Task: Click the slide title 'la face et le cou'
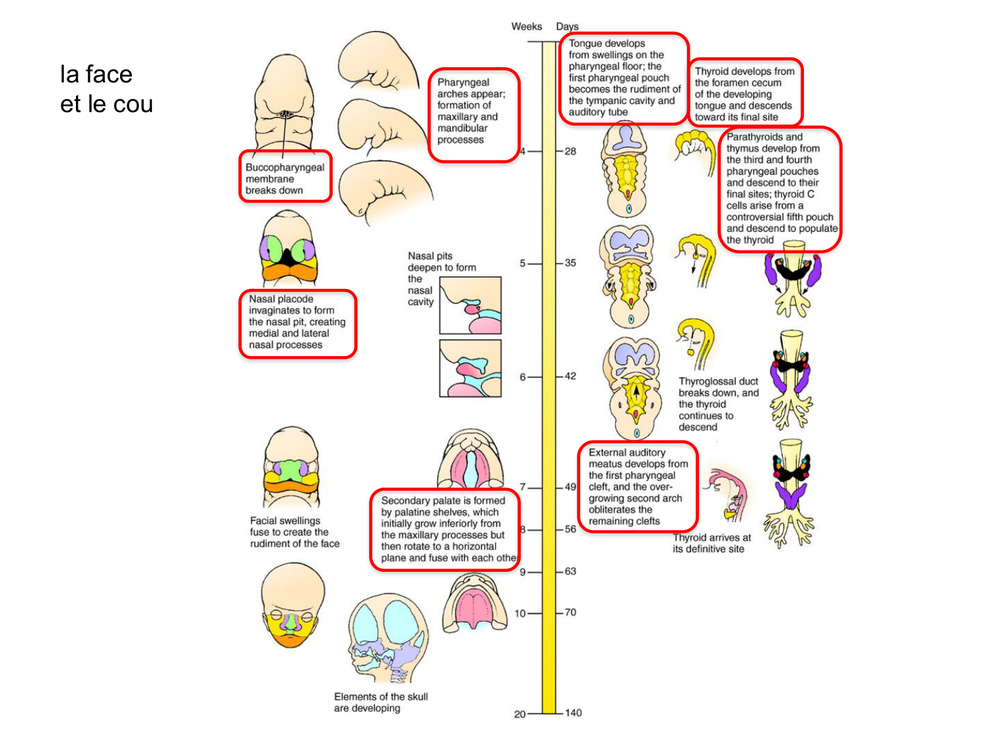(106, 89)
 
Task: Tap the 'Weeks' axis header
(526, 26)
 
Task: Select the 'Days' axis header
(567, 26)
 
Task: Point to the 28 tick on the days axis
(570, 151)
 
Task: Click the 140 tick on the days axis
(573, 713)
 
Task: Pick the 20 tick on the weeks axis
(520, 714)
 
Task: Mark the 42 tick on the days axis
(570, 376)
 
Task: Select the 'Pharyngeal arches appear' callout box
(473, 115)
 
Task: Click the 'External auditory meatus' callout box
(638, 487)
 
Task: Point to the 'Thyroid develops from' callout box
(744, 94)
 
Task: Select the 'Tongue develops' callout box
(624, 78)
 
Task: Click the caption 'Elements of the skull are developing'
(381, 702)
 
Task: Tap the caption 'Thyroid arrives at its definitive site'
(711, 543)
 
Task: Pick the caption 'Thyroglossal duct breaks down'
(719, 404)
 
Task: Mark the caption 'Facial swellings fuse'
(294, 532)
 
